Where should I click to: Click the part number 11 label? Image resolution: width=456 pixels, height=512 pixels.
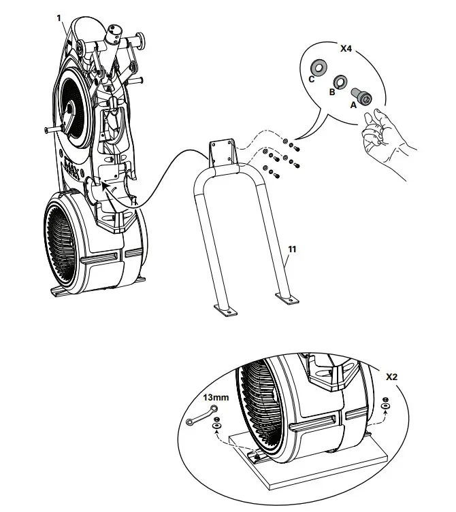point(291,250)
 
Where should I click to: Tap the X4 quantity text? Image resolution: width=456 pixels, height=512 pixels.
point(346,50)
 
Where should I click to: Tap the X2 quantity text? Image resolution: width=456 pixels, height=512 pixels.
point(392,376)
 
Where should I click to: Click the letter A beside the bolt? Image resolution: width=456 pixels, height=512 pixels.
point(352,105)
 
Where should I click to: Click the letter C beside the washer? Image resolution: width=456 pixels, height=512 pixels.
point(311,79)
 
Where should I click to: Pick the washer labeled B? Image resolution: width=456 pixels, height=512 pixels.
point(338,81)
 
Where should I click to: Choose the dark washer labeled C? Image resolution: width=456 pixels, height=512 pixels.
point(318,67)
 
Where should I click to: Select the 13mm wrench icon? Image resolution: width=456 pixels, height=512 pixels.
point(201,414)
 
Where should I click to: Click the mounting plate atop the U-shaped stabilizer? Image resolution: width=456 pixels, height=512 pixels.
point(222,154)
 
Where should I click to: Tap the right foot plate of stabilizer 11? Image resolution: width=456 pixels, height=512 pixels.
point(286,298)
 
